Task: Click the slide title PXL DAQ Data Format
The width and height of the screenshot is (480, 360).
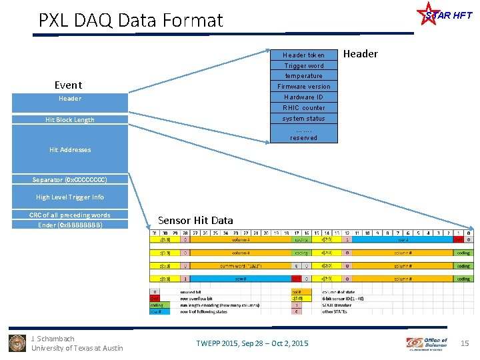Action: [x=131, y=21]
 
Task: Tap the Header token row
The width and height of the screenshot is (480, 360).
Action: [x=303, y=55]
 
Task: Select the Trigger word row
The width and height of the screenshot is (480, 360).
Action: [x=303, y=65]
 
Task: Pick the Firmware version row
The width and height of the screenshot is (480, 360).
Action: [x=303, y=87]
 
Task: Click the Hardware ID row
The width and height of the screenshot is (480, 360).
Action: [x=303, y=97]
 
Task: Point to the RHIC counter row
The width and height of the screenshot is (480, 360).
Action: [x=303, y=108]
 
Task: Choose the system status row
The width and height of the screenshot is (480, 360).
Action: [x=303, y=119]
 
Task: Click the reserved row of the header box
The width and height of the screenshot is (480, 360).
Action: [x=303, y=137]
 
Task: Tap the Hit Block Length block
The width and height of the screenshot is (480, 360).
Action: [x=70, y=120]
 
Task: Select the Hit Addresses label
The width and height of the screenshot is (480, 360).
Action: [x=70, y=150]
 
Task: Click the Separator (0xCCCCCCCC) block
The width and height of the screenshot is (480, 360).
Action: [x=70, y=180]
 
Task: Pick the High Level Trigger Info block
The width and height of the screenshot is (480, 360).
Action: [x=70, y=197]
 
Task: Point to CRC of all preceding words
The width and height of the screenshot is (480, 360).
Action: [x=70, y=215]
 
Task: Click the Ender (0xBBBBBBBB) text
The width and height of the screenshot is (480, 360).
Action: [x=70, y=225]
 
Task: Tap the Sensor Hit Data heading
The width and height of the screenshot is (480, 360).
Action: [x=195, y=220]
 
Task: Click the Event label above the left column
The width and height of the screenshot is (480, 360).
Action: [x=68, y=85]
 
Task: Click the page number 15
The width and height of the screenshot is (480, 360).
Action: [x=465, y=343]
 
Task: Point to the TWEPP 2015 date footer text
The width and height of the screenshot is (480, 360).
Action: [x=252, y=343]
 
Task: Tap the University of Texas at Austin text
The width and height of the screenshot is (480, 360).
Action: [x=77, y=348]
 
